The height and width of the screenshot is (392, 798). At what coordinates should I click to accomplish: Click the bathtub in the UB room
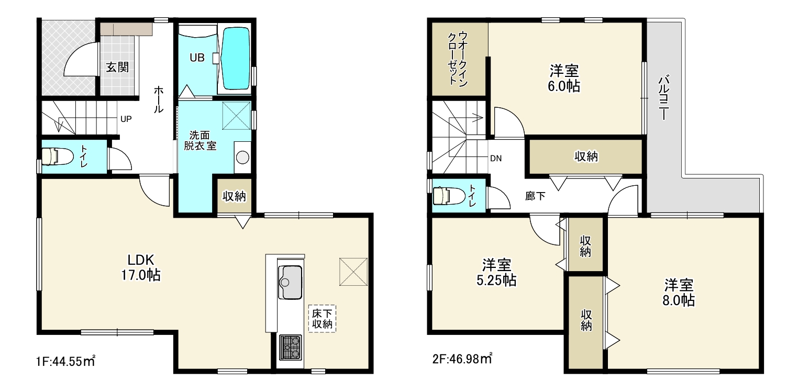[235, 59]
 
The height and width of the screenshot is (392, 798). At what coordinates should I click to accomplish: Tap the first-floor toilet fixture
[57, 156]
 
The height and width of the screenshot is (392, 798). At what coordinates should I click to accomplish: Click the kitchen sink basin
[290, 282]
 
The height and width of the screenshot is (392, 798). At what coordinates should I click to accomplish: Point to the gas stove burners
[290, 347]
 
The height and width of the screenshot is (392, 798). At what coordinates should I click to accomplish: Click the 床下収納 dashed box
[322, 319]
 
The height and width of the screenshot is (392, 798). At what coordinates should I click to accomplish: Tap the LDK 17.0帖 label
[141, 267]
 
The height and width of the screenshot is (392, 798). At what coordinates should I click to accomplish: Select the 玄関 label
[117, 67]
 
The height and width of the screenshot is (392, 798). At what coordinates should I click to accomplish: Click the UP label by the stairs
[126, 119]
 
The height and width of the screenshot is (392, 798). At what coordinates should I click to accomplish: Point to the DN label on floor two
[496, 159]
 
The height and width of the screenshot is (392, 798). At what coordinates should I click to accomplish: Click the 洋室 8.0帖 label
[678, 293]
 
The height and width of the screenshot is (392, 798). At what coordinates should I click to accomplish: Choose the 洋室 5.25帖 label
[496, 272]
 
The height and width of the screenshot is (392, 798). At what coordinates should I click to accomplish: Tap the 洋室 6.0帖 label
[564, 79]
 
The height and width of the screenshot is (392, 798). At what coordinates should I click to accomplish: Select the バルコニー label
[663, 97]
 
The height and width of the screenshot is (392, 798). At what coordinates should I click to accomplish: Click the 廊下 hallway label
[535, 196]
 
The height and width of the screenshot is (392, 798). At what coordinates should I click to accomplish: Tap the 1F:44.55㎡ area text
[65, 361]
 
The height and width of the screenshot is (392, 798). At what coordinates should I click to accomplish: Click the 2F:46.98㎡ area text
[462, 358]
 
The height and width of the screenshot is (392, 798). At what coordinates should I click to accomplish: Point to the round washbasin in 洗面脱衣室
[242, 158]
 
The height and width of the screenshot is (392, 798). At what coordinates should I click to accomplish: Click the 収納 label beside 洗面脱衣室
[234, 196]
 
